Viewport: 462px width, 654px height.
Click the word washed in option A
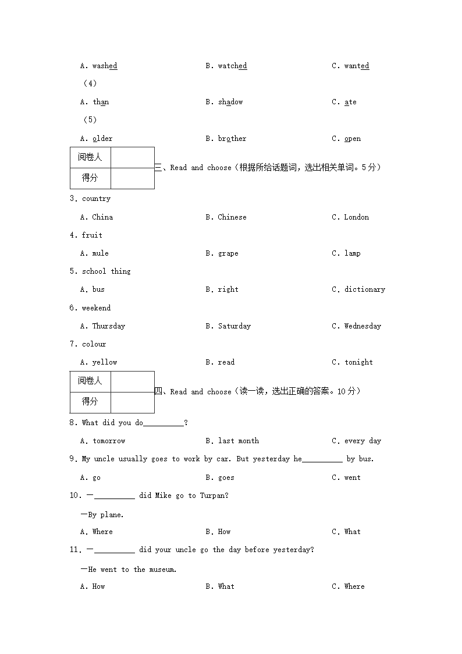(105, 66)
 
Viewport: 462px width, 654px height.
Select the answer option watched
(232, 66)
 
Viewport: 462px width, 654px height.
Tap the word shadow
(230, 102)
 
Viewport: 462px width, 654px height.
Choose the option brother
(232, 139)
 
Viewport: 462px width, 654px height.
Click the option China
(102, 217)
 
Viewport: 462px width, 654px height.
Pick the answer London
(356, 217)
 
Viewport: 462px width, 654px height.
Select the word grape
(228, 254)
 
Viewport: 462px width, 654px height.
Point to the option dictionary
(364, 289)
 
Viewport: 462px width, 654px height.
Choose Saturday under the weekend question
(234, 326)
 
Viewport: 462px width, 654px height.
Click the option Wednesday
(362, 326)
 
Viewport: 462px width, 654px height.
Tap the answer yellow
(105, 362)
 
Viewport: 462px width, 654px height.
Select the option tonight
(358, 362)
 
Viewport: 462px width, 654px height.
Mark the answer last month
(239, 441)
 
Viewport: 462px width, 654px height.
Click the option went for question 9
(352, 478)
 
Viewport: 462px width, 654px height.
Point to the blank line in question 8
(163, 424)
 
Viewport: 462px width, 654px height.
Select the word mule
(100, 254)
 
